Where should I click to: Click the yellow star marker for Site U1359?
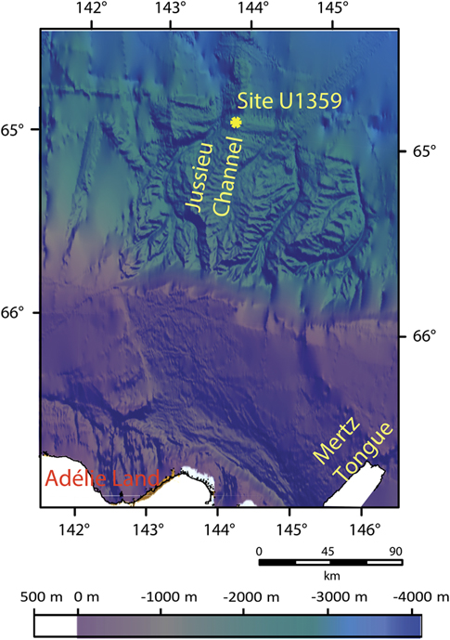point(236,122)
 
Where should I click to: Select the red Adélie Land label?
point(102,480)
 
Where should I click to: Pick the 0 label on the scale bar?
point(259,549)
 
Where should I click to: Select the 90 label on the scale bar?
point(394,549)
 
